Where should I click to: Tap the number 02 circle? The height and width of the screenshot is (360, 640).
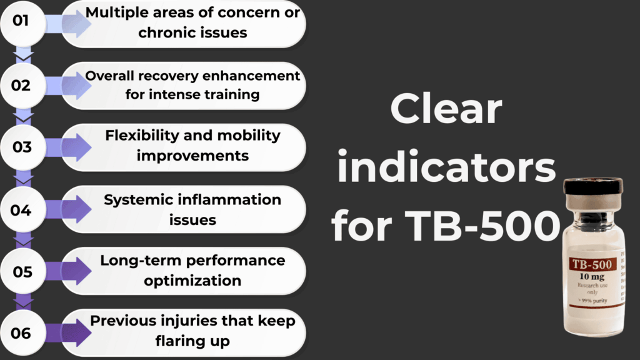(21, 85)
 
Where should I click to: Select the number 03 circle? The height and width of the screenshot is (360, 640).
(21, 147)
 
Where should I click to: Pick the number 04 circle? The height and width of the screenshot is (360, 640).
(21, 209)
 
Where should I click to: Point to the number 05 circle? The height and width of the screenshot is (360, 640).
(21, 271)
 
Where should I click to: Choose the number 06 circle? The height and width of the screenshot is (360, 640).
(21, 333)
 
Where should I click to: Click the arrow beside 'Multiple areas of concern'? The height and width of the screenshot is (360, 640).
(70, 23)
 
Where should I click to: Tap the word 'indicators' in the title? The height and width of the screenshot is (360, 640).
(446, 168)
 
